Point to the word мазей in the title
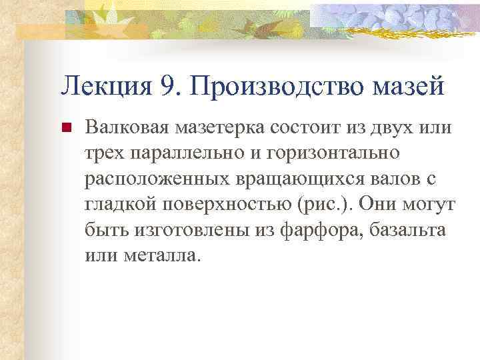pyautogui.click(x=414, y=85)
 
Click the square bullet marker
pyautogui.click(x=65, y=127)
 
